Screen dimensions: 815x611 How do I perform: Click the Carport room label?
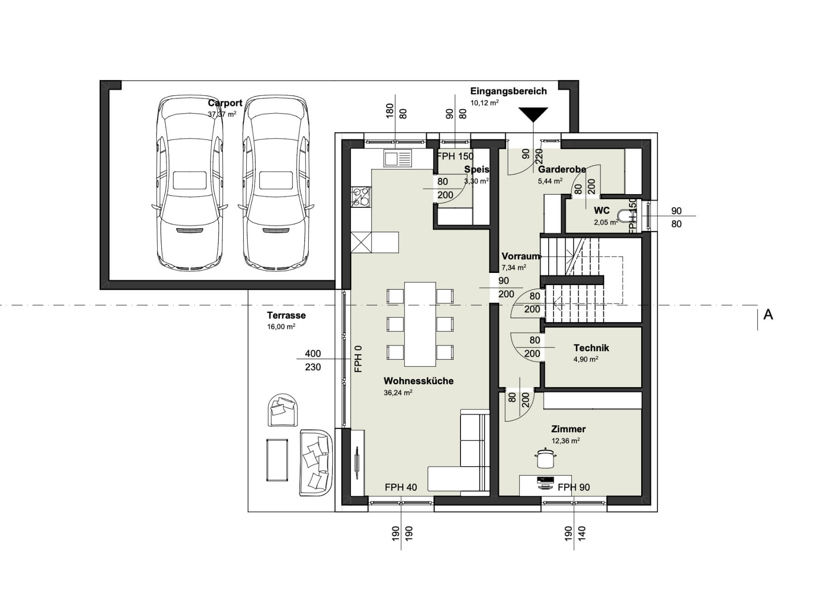(x=225, y=103)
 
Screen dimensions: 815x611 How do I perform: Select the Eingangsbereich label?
(x=508, y=91)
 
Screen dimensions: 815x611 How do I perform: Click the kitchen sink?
(x=398, y=158)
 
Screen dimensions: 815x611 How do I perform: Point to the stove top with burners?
(x=361, y=197)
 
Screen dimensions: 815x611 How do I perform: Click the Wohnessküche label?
(x=418, y=381)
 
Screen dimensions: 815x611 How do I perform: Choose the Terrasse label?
(x=286, y=315)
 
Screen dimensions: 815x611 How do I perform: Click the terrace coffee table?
(x=277, y=460)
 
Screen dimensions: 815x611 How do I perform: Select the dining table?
(x=420, y=324)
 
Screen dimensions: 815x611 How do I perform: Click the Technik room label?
(x=591, y=348)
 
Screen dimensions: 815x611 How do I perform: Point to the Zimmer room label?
(x=568, y=429)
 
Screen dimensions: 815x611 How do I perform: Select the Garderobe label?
(x=562, y=170)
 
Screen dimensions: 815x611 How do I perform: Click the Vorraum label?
(x=521, y=256)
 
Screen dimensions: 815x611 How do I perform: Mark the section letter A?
(x=768, y=315)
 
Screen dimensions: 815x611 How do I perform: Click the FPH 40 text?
(x=401, y=487)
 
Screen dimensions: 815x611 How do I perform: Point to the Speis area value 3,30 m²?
(x=476, y=181)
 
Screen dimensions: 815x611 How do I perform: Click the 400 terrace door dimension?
(x=313, y=353)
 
